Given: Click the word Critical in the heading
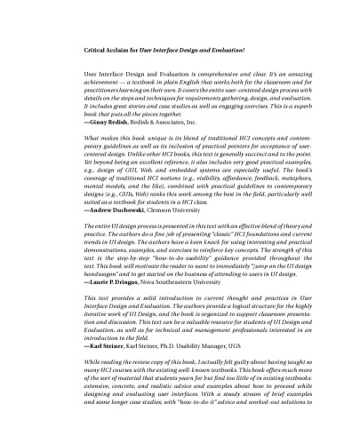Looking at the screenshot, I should (x=96, y=51).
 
